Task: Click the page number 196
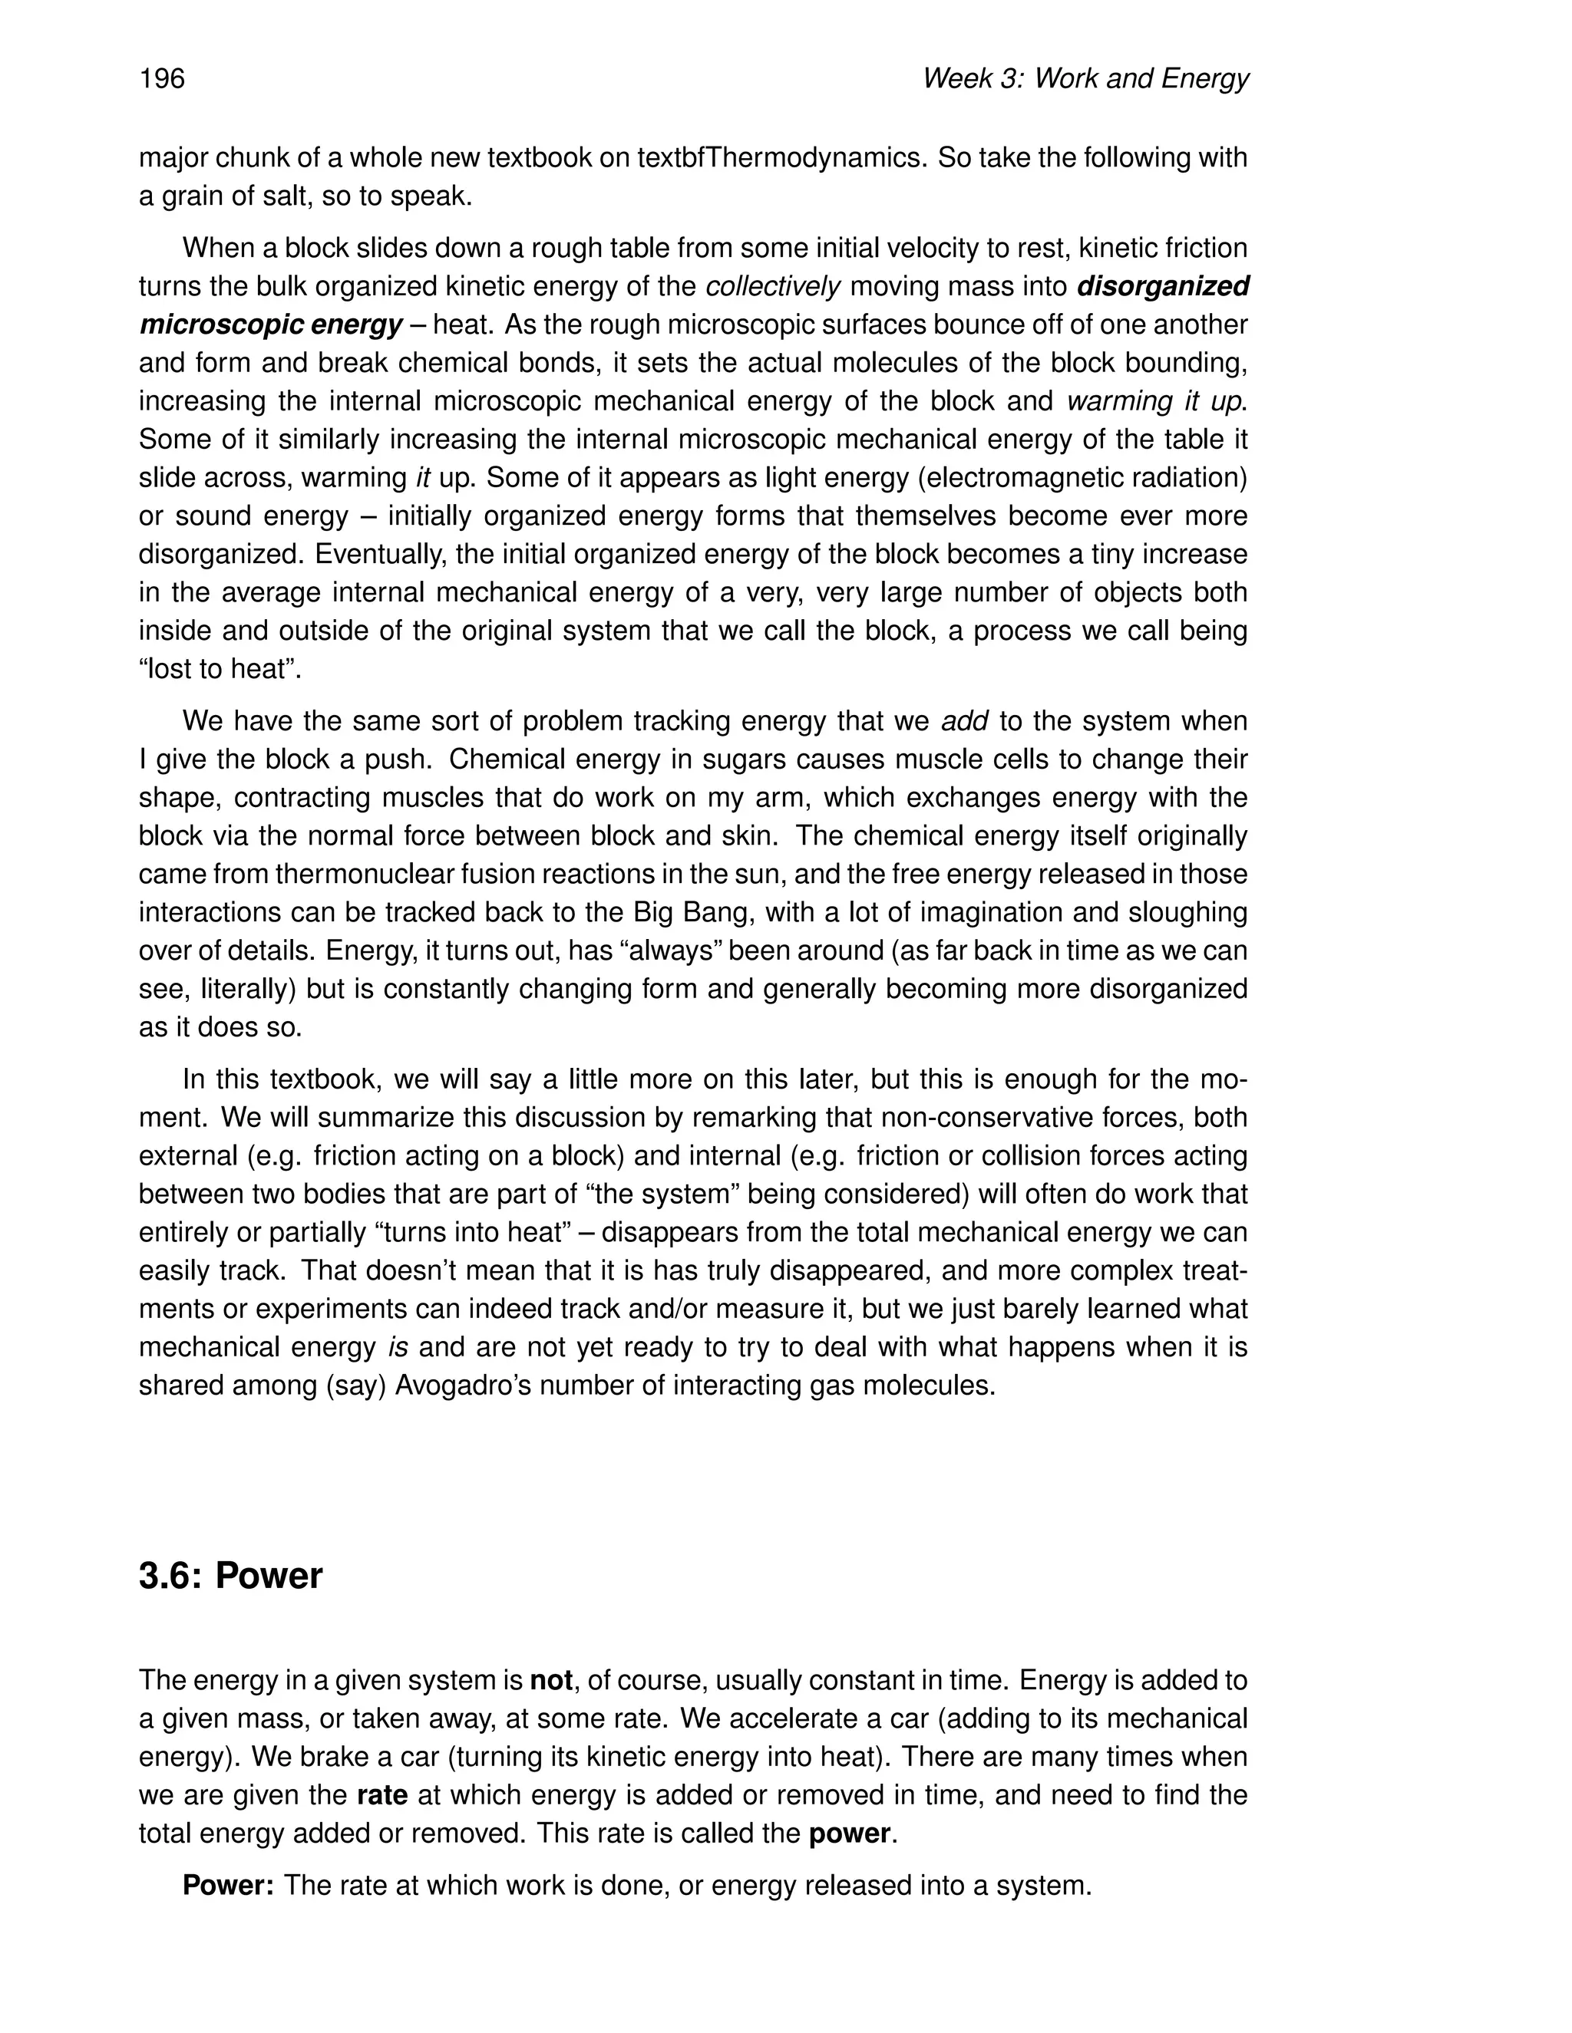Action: (162, 79)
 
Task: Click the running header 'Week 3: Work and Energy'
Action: (1084, 79)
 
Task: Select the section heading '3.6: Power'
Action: (230, 1576)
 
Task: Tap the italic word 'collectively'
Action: (773, 287)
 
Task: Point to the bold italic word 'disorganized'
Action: (1162, 287)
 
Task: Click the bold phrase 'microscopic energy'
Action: (271, 325)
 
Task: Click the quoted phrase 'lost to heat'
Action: (219, 669)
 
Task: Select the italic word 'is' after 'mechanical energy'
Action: (398, 1348)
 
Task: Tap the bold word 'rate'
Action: (381, 1794)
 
